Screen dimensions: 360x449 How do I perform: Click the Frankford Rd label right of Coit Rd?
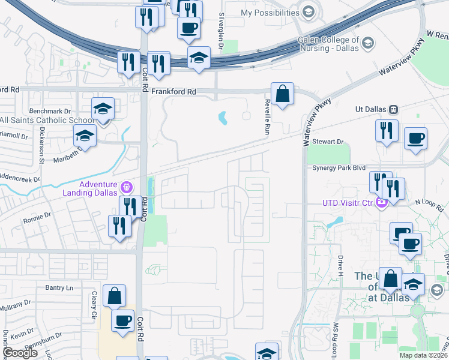174,92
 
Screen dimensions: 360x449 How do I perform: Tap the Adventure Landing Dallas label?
91,188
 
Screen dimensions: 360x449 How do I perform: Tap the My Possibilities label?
270,13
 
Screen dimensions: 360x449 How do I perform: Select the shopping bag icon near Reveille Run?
282,94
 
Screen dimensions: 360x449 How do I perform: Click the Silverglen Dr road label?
221,30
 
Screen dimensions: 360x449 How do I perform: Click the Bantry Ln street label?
59,288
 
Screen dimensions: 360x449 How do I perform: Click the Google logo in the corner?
20,353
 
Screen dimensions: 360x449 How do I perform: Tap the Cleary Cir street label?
94,305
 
